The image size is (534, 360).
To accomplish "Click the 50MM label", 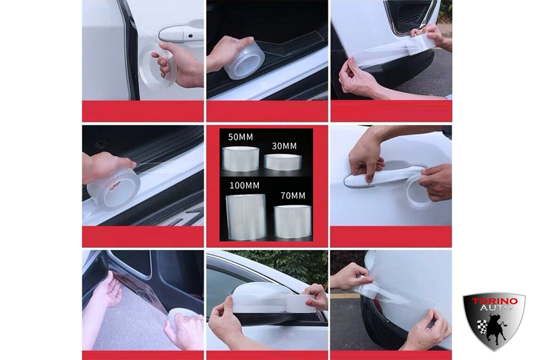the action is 241,137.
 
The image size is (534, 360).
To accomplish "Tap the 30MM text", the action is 284,146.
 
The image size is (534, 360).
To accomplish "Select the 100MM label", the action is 244,186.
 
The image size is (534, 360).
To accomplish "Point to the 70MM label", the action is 293,196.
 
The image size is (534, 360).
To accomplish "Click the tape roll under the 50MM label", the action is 241,159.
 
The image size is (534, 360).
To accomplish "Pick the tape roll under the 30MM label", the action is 283,161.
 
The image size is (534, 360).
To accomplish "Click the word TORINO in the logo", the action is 494,302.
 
